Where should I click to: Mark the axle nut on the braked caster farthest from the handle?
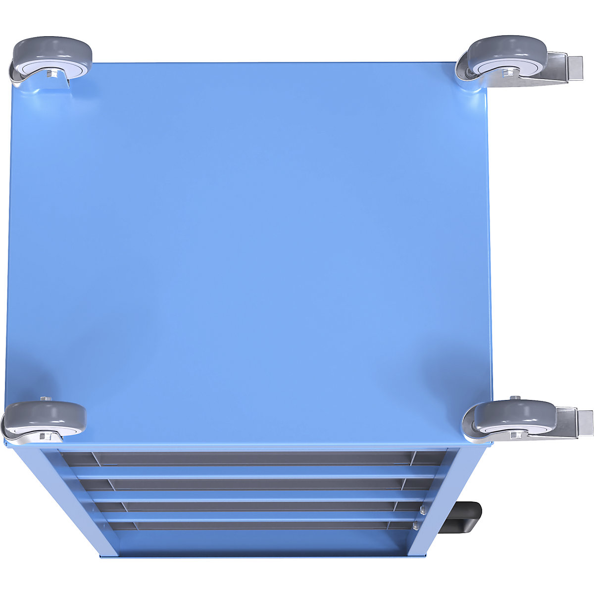click(x=506, y=73)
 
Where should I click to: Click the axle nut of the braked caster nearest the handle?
click(x=515, y=435)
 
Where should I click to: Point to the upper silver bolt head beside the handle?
click(x=422, y=508)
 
